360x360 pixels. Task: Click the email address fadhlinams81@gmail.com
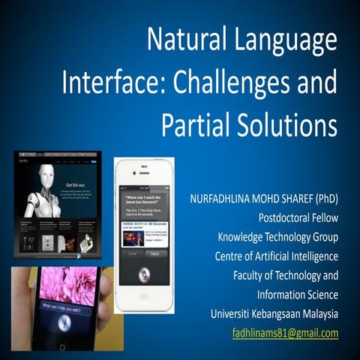click(285, 333)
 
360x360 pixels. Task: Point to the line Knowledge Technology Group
click(279, 238)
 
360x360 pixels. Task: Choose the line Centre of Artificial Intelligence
click(276, 257)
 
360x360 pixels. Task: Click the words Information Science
click(297, 295)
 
